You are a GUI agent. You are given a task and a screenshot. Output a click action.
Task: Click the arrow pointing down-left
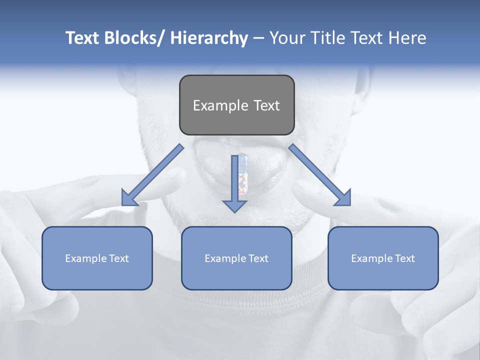point(152,175)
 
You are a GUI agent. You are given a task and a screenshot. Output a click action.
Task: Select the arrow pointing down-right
point(320,175)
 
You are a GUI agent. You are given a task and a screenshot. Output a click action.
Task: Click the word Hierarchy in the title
point(209,38)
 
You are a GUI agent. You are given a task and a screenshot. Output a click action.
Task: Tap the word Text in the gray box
point(266,106)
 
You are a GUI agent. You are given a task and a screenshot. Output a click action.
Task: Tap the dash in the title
point(258,38)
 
